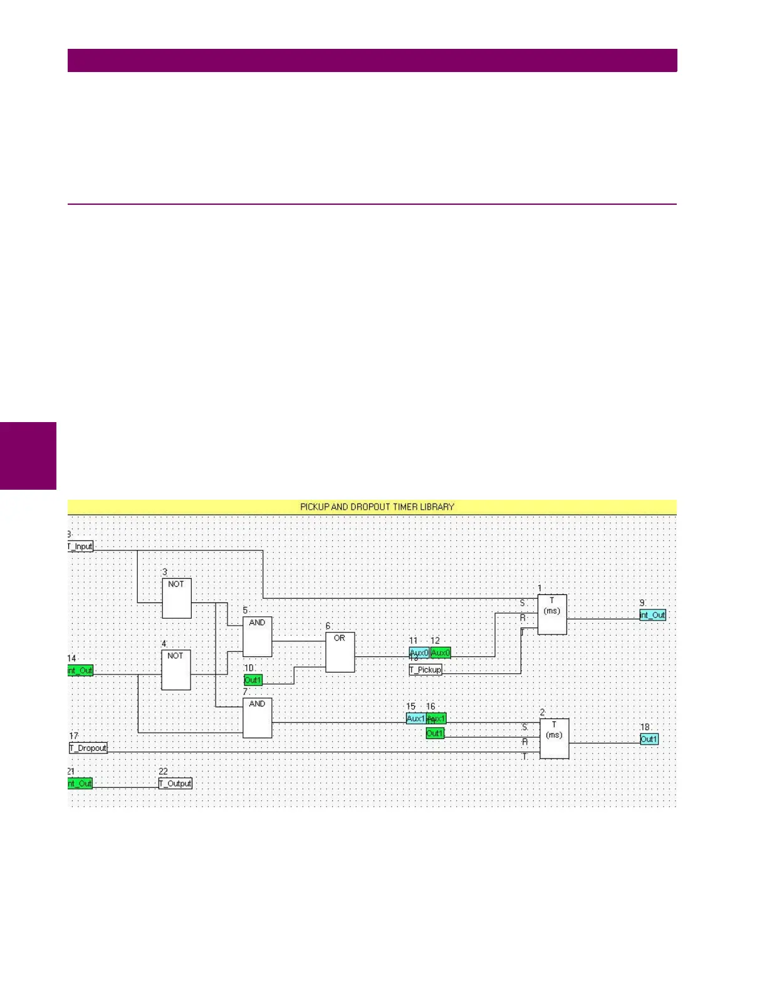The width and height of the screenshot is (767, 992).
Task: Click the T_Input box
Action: [81, 546]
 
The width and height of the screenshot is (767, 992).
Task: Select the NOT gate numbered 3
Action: [177, 598]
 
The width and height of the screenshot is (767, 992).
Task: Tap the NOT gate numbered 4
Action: [176, 670]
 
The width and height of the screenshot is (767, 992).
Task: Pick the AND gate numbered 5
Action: [257, 636]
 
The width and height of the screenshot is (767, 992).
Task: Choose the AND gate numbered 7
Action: [257, 718]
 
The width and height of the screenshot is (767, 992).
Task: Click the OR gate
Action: [340, 652]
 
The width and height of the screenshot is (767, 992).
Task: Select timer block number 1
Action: [552, 614]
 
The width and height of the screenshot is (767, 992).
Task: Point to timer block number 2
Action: [555, 738]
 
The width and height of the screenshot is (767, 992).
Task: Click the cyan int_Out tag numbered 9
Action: [652, 615]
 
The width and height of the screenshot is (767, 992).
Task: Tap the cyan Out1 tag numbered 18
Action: [649, 739]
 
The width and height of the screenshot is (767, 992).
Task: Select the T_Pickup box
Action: [425, 669]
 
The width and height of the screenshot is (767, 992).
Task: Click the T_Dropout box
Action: [88, 748]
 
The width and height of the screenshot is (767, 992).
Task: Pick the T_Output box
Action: [175, 783]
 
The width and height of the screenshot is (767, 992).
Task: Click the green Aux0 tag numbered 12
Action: [441, 653]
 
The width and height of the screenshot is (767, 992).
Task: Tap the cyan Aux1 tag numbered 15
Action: [415, 718]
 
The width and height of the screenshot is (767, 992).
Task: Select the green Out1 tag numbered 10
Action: [253, 680]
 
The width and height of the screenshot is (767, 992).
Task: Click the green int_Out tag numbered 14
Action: [80, 670]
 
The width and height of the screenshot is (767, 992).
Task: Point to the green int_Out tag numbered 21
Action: [80, 783]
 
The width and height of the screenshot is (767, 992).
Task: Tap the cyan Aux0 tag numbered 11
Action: [419, 653]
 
